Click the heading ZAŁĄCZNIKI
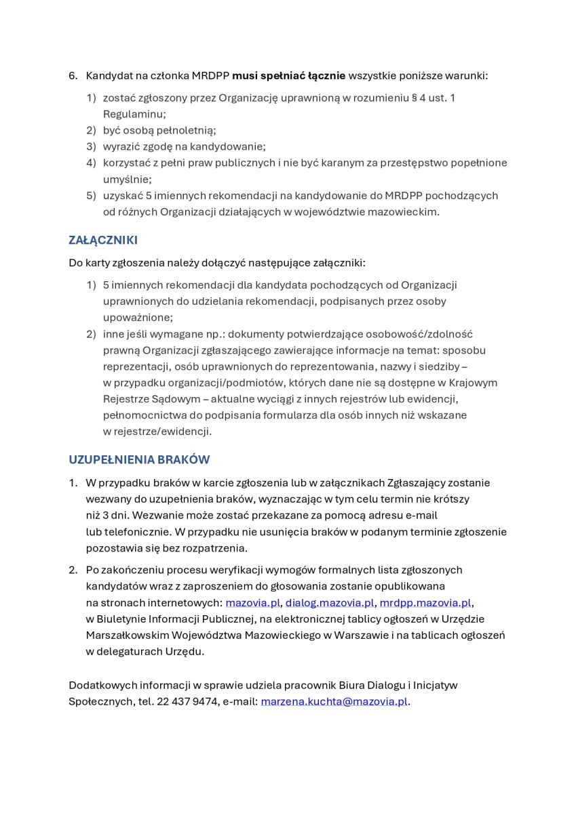coord(103,240)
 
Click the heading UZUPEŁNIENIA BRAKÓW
coord(139,459)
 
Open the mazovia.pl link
coord(252,603)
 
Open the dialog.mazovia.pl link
coord(330,603)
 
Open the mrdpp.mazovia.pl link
coord(425,603)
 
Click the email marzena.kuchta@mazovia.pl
coord(334,702)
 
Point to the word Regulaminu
coord(134,114)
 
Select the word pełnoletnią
coord(167,130)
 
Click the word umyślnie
coord(127,179)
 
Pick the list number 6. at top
coord(73,75)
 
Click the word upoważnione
coord(138,317)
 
